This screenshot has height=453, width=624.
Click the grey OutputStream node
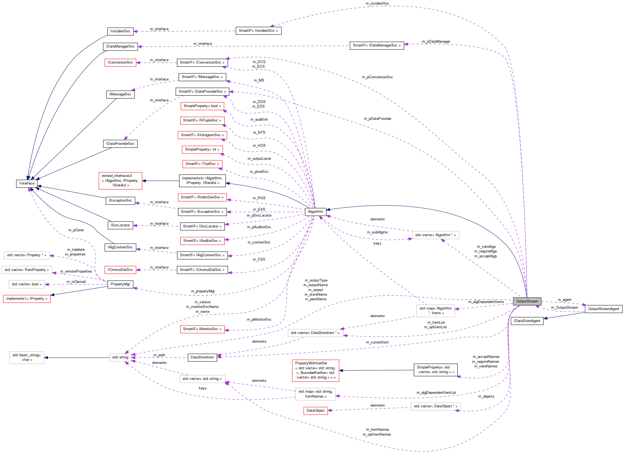tap(527, 301)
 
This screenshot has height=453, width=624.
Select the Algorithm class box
tap(315, 211)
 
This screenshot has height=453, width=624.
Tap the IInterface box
tap(27, 183)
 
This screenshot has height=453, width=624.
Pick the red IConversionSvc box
tap(120, 62)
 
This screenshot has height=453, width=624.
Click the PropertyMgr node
tap(120, 284)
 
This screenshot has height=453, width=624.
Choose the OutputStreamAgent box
tap(603, 309)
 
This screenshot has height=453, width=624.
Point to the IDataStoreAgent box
tap(527, 321)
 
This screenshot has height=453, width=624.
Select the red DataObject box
tap(315, 410)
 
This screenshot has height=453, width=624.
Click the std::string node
tap(120, 357)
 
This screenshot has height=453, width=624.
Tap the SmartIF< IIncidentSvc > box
tap(258, 30)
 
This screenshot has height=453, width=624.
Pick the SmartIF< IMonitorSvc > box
tap(202, 329)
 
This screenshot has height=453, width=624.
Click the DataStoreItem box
tap(202, 357)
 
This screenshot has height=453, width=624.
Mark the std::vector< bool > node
tap(27, 284)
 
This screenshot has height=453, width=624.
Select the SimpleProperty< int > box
tap(202, 149)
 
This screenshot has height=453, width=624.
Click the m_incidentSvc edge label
tap(377, 3)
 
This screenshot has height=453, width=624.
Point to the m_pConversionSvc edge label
tap(377, 77)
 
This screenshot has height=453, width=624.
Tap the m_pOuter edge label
tap(76, 230)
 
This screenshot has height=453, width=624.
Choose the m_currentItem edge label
tap(377, 342)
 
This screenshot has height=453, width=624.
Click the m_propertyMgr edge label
tap(203, 291)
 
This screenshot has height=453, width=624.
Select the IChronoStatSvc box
tap(120, 270)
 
